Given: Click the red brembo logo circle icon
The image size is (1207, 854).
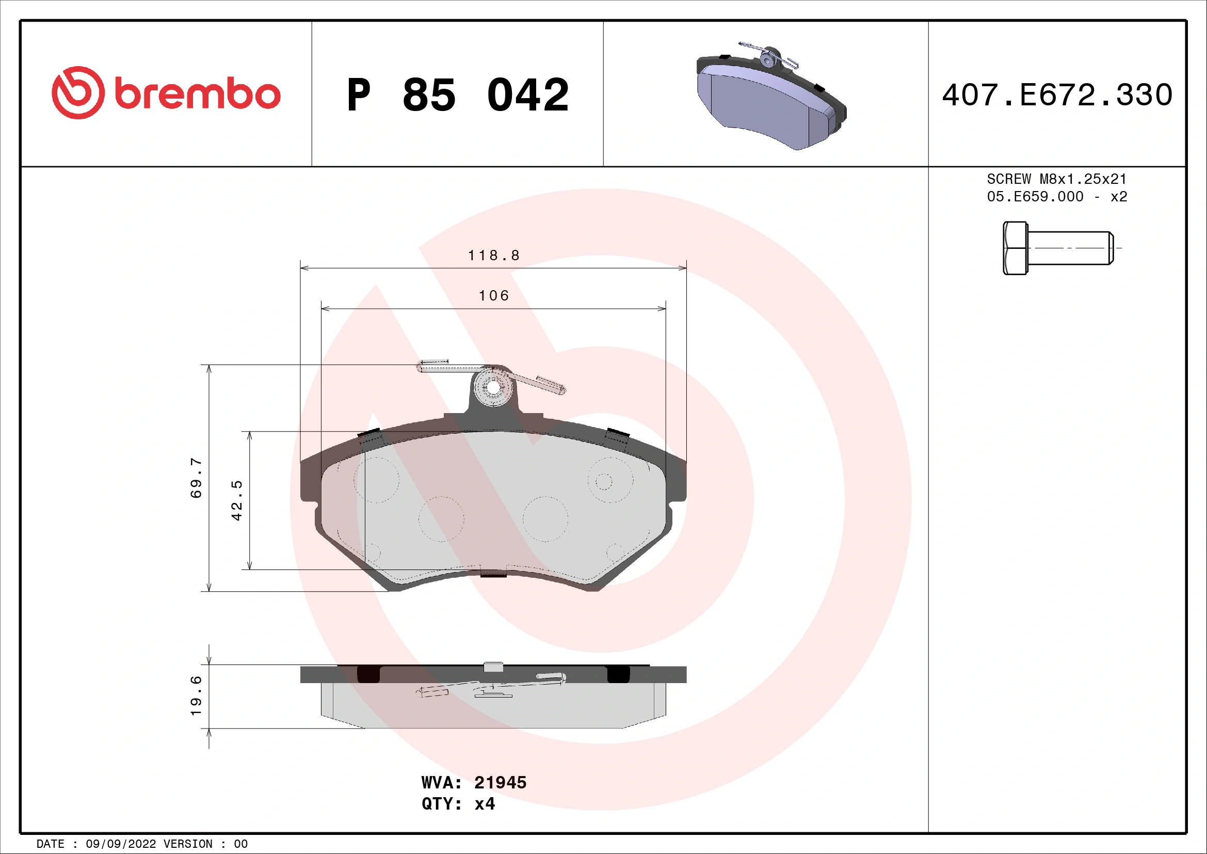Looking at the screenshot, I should tap(78, 92).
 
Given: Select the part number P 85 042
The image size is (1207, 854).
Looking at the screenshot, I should tap(457, 95).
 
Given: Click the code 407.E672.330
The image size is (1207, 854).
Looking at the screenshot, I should tap(1057, 95).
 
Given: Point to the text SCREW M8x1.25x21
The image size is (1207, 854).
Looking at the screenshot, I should tap(1057, 179).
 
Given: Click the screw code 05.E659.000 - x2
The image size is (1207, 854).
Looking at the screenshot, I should tap(1057, 197).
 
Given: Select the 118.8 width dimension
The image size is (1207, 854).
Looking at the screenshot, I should tap(494, 256).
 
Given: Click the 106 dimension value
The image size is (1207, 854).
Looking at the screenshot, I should tap(494, 296).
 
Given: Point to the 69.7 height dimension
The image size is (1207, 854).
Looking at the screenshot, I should tap(196, 478).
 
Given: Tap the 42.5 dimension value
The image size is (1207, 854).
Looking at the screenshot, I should tap(237, 500).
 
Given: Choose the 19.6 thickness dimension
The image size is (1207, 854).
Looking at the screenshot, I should tap(196, 695).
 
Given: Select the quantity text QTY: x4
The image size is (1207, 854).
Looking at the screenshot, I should tap(458, 804).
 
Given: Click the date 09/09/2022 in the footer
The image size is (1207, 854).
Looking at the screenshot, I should tap(120, 844).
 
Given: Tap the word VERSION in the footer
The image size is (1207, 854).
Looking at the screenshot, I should tap(188, 844).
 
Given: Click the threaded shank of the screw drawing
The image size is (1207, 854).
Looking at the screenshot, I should tap(1070, 248).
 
